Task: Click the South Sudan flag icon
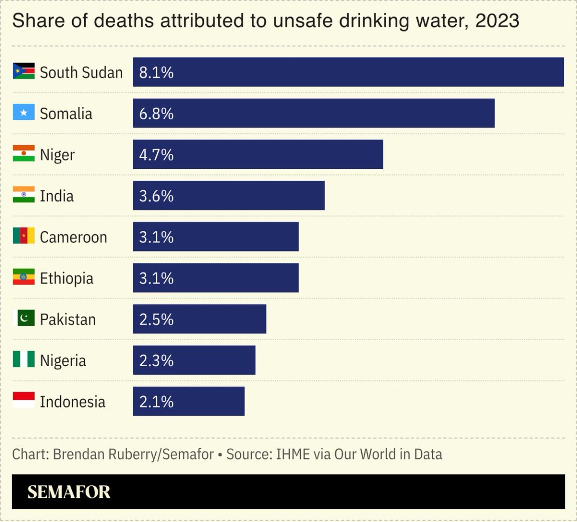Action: (24, 72)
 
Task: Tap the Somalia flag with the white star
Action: (24, 113)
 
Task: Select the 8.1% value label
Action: (156, 73)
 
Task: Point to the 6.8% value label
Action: (156, 114)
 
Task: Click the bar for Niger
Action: (258, 154)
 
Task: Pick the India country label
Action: (57, 196)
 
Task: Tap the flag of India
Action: (24, 195)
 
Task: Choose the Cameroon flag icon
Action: (24, 236)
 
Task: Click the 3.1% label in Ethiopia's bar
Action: (156, 278)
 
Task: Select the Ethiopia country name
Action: (67, 279)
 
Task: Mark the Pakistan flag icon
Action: (24, 318)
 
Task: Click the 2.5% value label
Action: (156, 319)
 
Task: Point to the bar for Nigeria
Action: (194, 360)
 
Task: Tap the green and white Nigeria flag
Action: (24, 359)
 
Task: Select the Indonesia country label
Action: (73, 402)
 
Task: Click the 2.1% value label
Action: (156, 401)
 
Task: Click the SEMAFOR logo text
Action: (69, 492)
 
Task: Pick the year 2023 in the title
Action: (497, 21)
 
